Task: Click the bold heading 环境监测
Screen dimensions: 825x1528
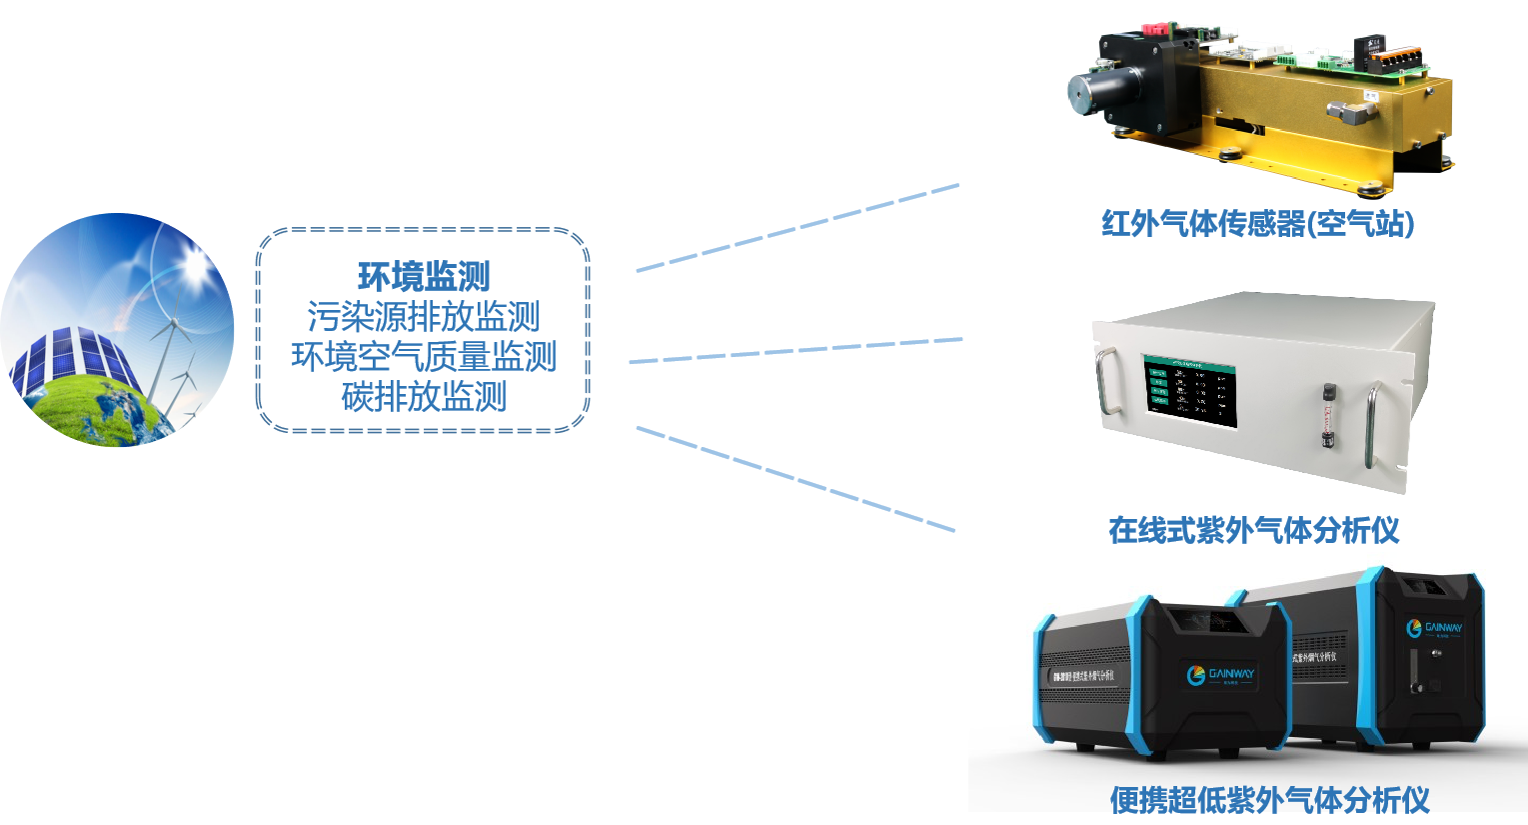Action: click(424, 277)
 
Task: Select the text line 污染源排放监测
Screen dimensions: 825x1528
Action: click(424, 317)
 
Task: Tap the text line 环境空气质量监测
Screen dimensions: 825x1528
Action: click(424, 357)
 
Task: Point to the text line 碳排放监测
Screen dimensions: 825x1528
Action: click(424, 397)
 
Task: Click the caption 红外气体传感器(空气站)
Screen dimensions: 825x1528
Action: click(1257, 223)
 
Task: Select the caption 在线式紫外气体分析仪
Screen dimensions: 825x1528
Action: click(1253, 530)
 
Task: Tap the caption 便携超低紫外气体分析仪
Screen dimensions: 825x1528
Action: click(1269, 800)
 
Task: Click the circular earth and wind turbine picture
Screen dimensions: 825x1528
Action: click(117, 330)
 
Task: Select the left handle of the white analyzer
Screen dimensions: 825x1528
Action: click(1106, 379)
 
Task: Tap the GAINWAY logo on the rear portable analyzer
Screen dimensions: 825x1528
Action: click(1435, 628)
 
